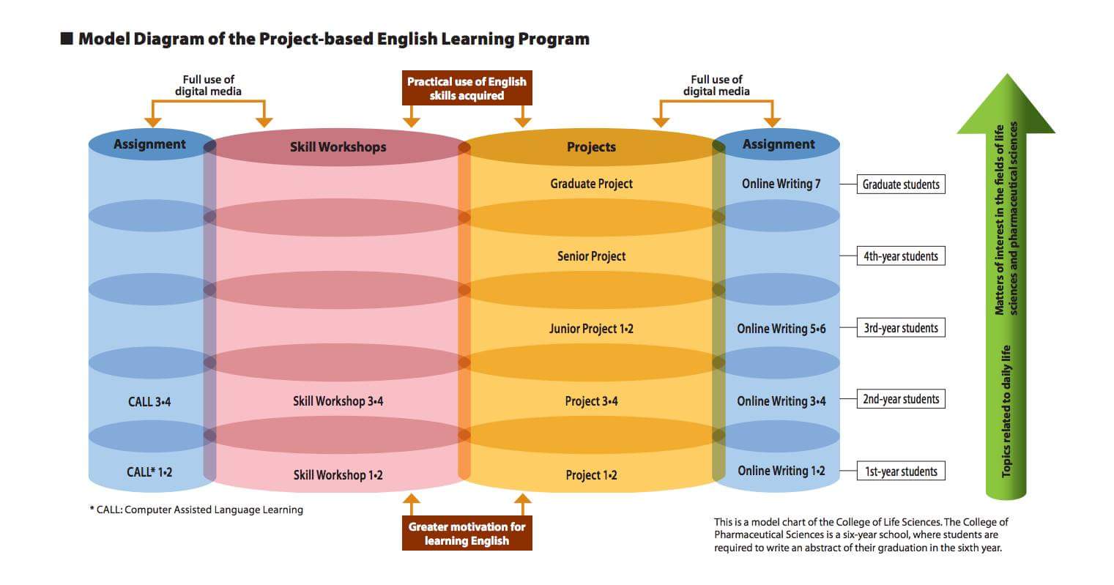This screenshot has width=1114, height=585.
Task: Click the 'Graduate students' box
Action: (x=901, y=185)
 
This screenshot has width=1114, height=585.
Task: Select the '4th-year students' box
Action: (x=901, y=256)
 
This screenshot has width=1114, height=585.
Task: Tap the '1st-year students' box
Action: (x=901, y=471)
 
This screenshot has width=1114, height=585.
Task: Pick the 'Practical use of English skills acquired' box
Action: (x=467, y=88)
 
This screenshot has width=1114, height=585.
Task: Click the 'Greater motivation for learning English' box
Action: (x=467, y=533)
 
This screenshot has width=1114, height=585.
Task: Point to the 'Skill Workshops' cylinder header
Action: (x=338, y=146)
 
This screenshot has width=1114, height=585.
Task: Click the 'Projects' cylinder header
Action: (x=591, y=146)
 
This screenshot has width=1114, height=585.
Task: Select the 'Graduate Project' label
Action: (x=591, y=184)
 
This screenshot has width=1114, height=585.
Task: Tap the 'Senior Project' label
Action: (x=591, y=256)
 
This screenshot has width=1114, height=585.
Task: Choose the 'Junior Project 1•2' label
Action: (x=591, y=329)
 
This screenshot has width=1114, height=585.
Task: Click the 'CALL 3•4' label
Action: (x=149, y=402)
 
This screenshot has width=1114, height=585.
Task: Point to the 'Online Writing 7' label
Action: (x=781, y=184)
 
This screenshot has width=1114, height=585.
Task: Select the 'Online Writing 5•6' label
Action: (x=781, y=329)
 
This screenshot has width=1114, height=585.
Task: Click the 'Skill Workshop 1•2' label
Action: (x=338, y=474)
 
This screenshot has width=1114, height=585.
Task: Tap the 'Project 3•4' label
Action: (x=591, y=401)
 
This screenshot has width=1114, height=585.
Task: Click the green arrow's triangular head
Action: (x=1006, y=105)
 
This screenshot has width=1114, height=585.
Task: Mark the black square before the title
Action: (x=67, y=39)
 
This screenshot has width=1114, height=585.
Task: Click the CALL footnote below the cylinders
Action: (x=196, y=510)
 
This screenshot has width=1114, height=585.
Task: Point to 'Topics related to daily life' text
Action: (x=1006, y=411)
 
